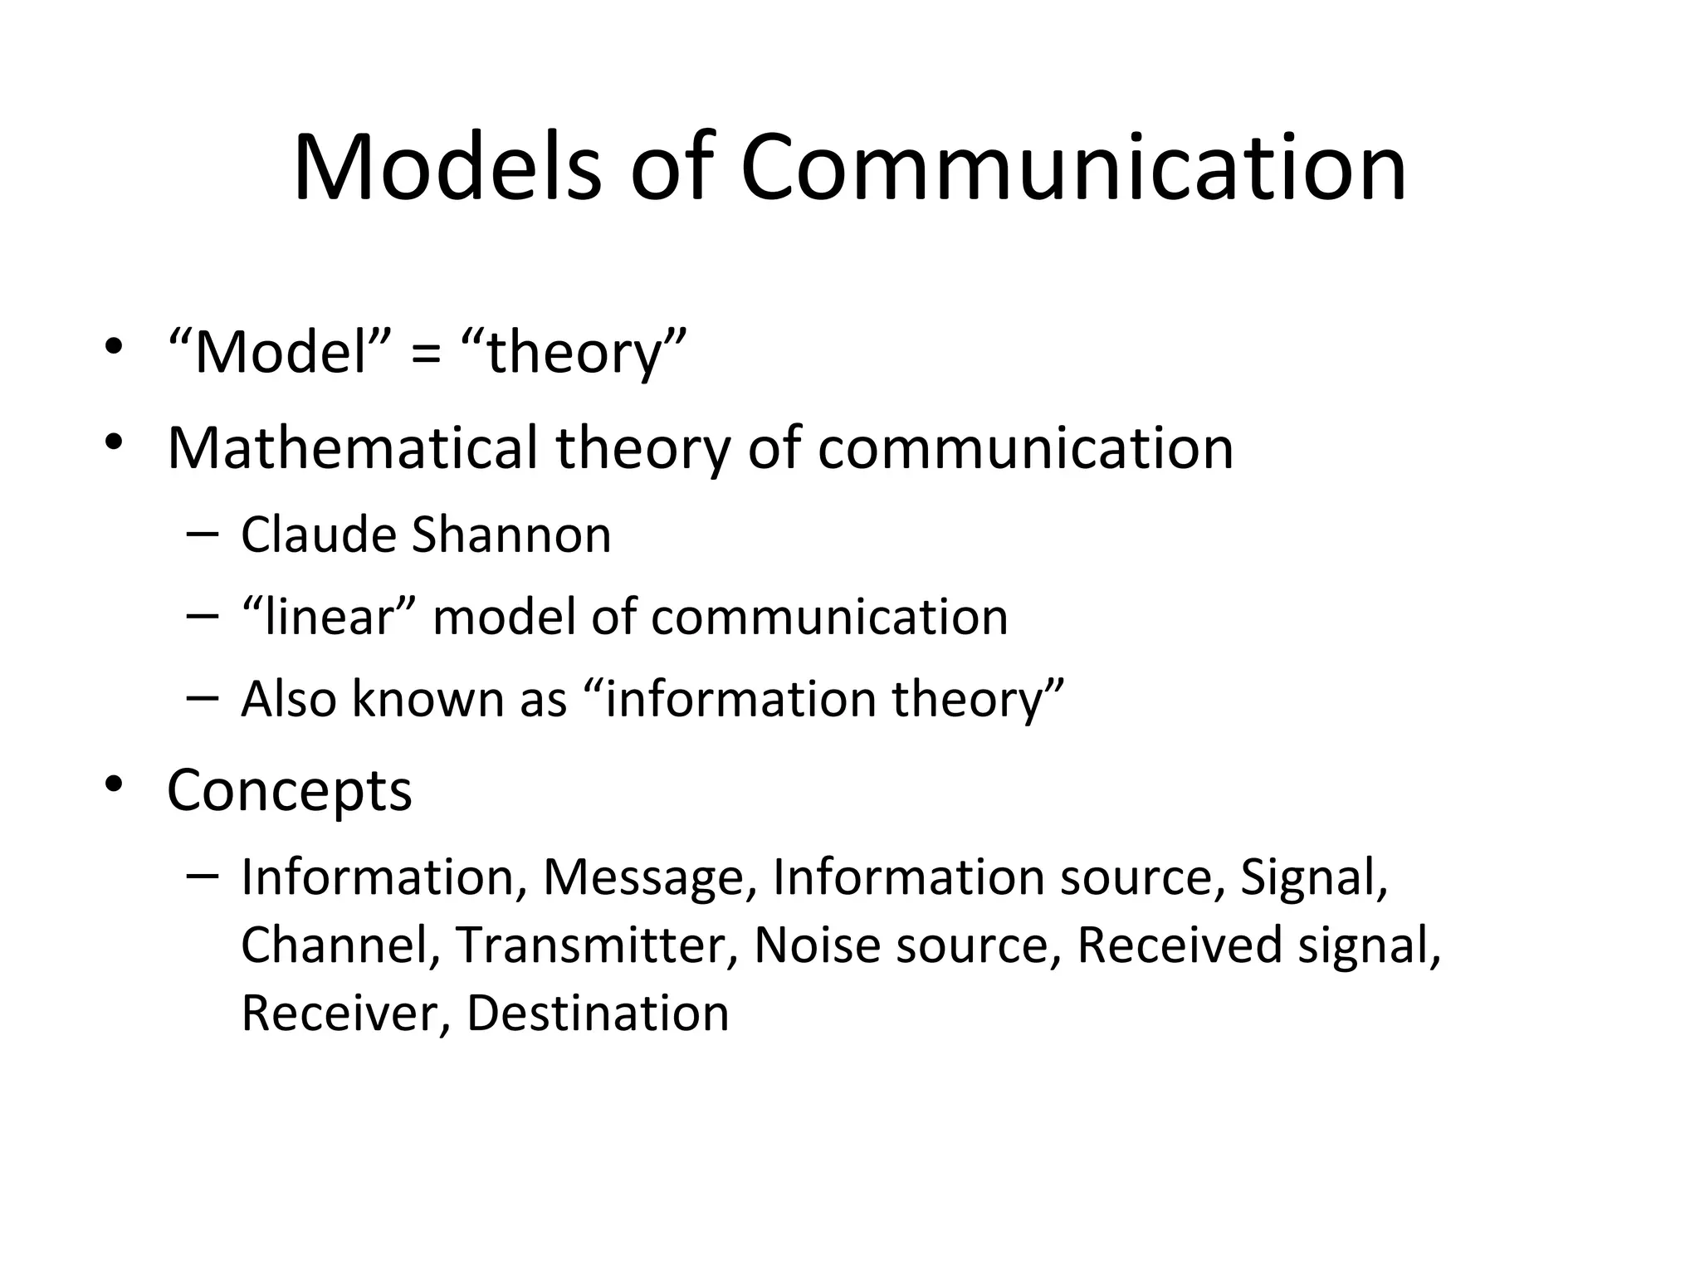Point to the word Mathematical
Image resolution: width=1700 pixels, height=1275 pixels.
pyautogui.click(x=353, y=448)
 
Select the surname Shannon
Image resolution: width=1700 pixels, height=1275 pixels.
pyautogui.click(x=511, y=535)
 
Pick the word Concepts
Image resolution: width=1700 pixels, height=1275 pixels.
pyautogui.click(x=289, y=790)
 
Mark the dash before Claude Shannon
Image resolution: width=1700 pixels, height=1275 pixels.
pyautogui.click(x=203, y=535)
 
